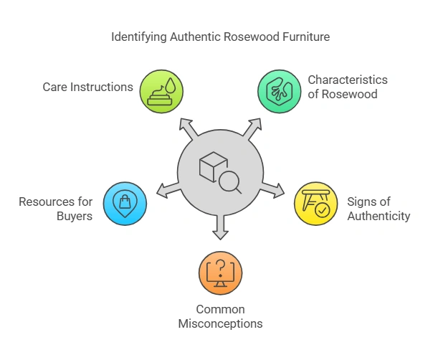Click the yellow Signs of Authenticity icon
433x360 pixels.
[316, 203]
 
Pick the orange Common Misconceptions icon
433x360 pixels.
[220, 272]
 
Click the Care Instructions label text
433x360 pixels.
[87, 87]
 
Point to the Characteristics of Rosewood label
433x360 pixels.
[348, 86]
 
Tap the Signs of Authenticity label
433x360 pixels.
[377, 209]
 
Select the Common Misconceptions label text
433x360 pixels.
[220, 316]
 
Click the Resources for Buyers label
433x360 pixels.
[57, 208]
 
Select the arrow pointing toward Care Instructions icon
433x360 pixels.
[189, 128]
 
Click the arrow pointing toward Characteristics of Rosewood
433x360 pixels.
[252, 128]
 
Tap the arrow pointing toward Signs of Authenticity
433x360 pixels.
[272, 190]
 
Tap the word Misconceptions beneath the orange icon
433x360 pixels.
[220, 323]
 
